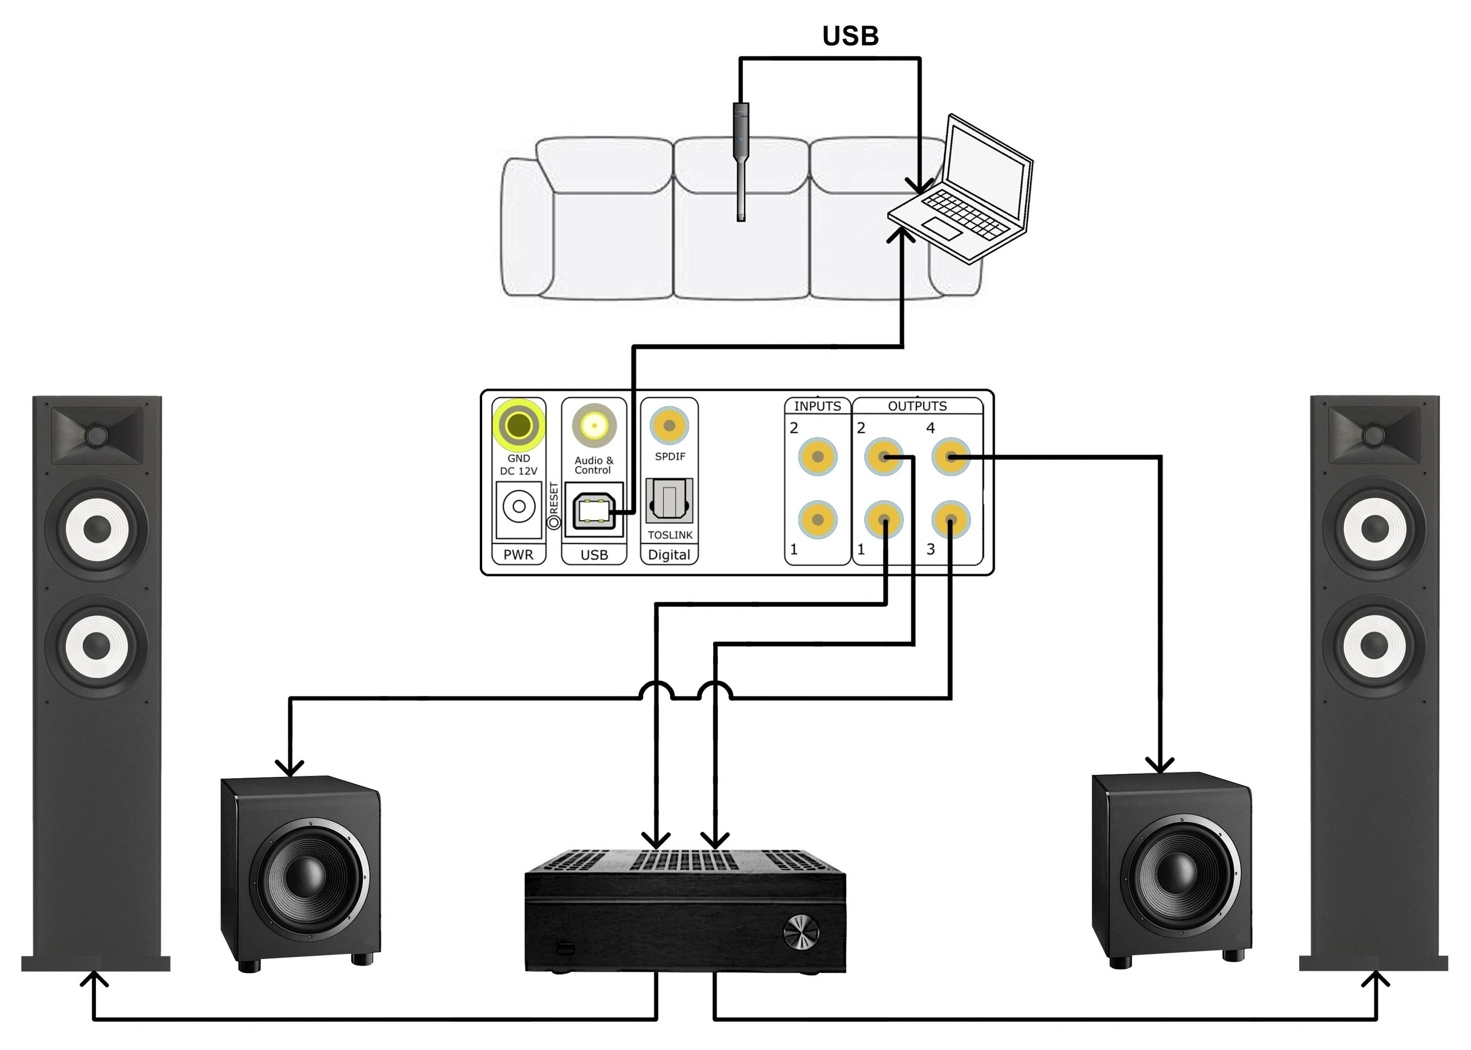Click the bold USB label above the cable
[850, 36]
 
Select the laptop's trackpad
[941, 228]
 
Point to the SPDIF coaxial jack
[669, 425]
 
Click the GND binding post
[518, 425]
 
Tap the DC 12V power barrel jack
[518, 507]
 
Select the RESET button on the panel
[554, 522]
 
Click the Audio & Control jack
[594, 425]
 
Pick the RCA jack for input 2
[818, 456]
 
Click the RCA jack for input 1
[818, 519]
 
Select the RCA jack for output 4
[950, 456]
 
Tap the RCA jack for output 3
[950, 519]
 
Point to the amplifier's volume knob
[801, 932]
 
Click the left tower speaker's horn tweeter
[97, 434]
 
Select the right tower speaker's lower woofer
[1374, 645]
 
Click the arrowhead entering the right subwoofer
[1160, 764]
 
